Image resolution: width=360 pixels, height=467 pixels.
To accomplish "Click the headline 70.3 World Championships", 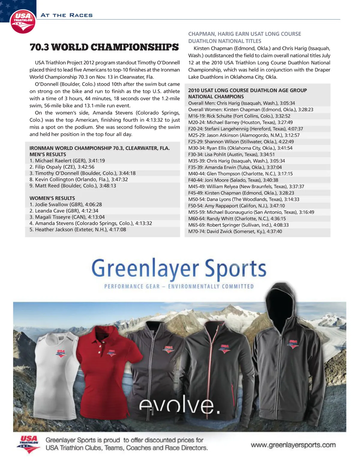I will click(x=104, y=47).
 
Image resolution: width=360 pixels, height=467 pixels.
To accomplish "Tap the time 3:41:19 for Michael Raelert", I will click(x=96, y=161).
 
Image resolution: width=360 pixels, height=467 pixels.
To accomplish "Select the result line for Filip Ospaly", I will click(x=62, y=167).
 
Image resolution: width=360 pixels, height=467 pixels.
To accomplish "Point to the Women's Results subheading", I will click(x=52, y=198).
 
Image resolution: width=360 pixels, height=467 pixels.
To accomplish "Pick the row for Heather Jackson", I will click(x=78, y=230).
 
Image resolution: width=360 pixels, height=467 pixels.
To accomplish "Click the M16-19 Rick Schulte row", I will click(x=239, y=116).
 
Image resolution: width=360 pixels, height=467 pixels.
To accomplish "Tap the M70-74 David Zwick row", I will click(x=235, y=231).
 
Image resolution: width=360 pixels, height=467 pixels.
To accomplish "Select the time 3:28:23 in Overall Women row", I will click(x=305, y=110).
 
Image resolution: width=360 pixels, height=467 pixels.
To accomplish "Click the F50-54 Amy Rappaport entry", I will click(x=236, y=206).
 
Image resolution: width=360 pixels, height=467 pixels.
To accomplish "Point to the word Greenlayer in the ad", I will click(x=145, y=268).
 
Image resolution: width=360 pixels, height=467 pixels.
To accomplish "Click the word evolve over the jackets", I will click(x=179, y=406).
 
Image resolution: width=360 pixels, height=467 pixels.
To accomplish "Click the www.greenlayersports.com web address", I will click(x=293, y=445).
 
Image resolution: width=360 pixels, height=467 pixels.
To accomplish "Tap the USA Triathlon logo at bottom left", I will click(x=29, y=444).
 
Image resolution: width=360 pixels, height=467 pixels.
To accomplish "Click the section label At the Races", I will click(x=67, y=15).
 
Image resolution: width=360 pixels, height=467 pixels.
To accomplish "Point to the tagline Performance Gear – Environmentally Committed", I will click(x=179, y=286).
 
